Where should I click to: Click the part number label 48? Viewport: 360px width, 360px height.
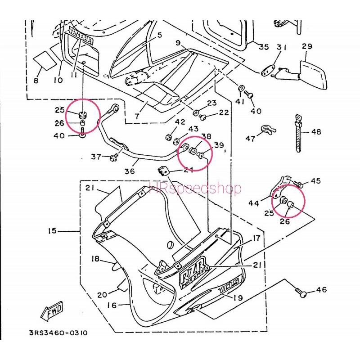(316, 132)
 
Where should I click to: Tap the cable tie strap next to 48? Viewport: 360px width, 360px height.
(297, 133)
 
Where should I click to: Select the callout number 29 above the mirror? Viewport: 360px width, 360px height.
(307, 46)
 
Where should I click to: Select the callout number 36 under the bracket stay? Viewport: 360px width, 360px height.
(130, 171)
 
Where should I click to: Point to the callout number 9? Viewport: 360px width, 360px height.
(178, 43)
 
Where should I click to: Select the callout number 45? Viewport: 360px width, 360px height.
(315, 181)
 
